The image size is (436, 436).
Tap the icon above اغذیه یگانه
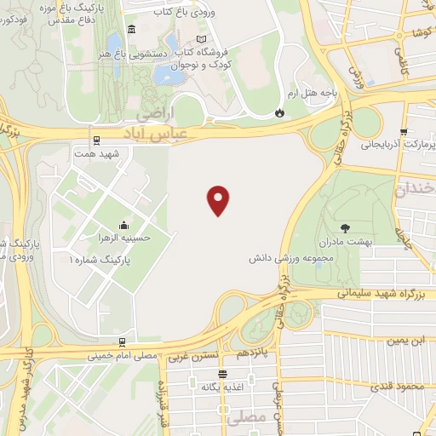[223, 374]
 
